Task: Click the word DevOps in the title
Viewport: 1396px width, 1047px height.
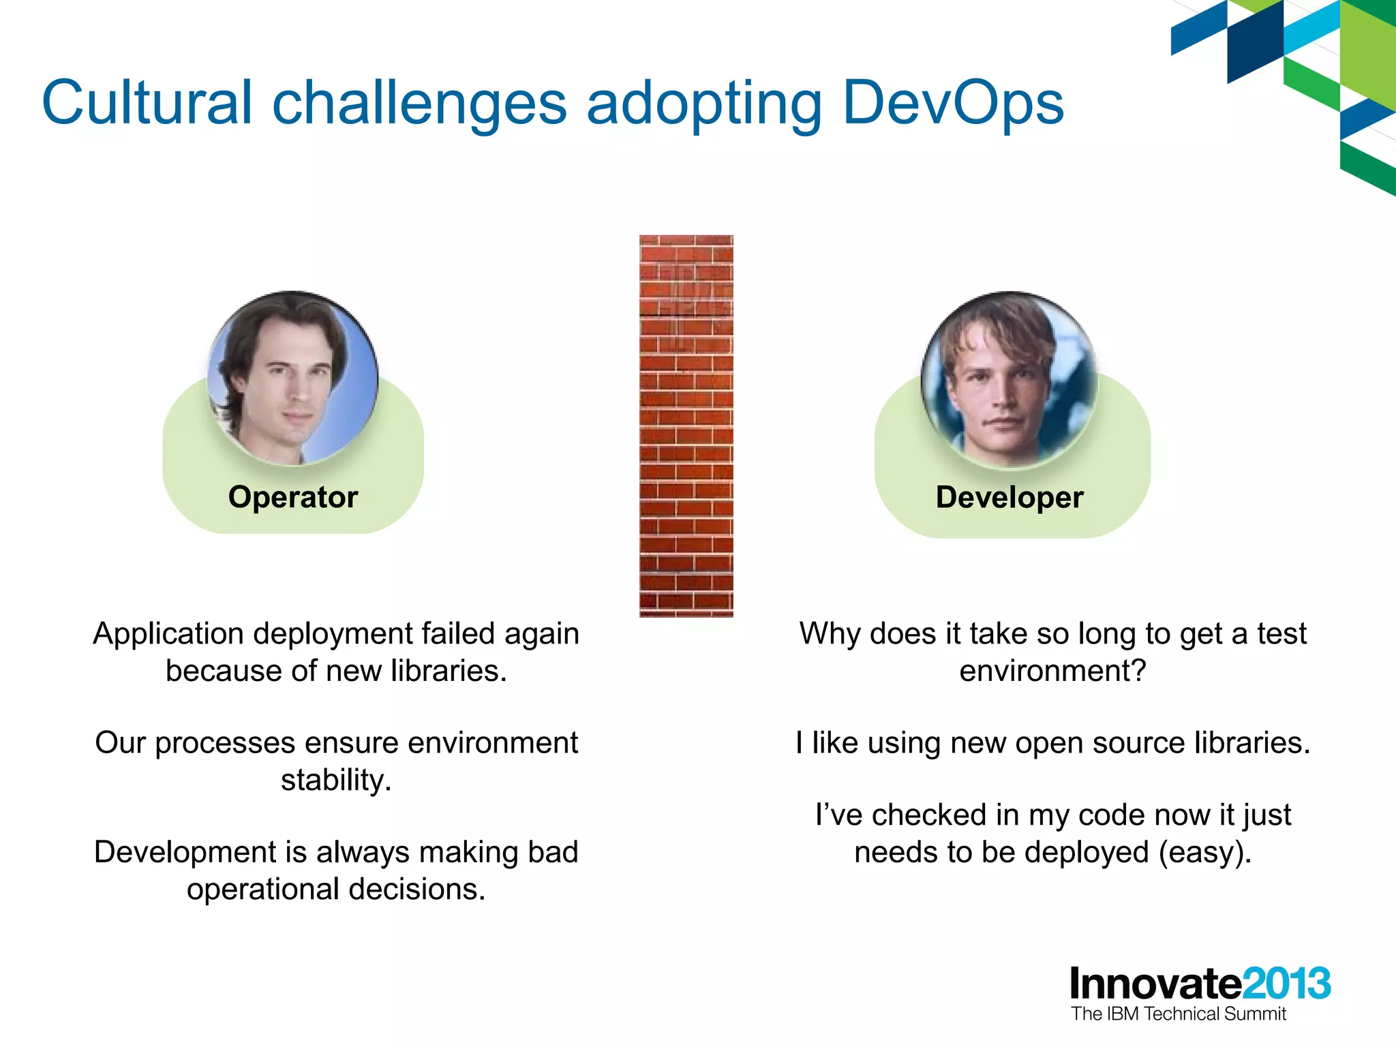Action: tap(953, 104)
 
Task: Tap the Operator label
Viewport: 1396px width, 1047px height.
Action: tap(293, 497)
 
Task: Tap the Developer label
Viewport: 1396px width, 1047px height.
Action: tap(1010, 497)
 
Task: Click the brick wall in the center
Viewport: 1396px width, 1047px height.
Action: tap(686, 426)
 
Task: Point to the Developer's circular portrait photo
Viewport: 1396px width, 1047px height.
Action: tap(1009, 380)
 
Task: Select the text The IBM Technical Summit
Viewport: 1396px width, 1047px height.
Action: tap(1178, 1014)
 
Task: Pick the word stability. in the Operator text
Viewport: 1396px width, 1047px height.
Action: tap(336, 780)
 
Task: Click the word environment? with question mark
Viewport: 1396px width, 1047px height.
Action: tap(1052, 671)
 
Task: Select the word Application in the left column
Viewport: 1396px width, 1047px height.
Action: tap(168, 634)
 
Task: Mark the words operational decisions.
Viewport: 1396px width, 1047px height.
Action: tap(336, 890)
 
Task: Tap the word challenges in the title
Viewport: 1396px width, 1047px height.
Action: tap(419, 104)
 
